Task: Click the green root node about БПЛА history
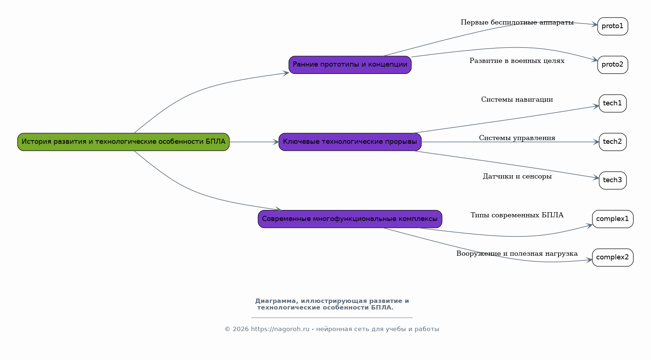(123, 142)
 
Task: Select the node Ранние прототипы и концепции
(350, 65)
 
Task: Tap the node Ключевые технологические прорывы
(350, 142)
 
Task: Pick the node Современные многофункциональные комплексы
(350, 219)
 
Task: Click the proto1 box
(613, 26)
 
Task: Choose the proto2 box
(613, 65)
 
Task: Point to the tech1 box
(613, 104)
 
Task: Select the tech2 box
(613, 142)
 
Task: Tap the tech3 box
(613, 180)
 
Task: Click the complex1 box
(613, 219)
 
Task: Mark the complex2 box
(613, 258)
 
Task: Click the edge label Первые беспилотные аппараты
(517, 23)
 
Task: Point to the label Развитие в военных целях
(517, 61)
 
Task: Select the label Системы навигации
(517, 100)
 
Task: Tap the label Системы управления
(517, 138)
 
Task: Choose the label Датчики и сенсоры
(517, 177)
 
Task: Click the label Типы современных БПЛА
(517, 215)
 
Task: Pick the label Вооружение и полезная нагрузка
(517, 254)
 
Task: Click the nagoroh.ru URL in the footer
(280, 329)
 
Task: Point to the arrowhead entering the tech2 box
(596, 142)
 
